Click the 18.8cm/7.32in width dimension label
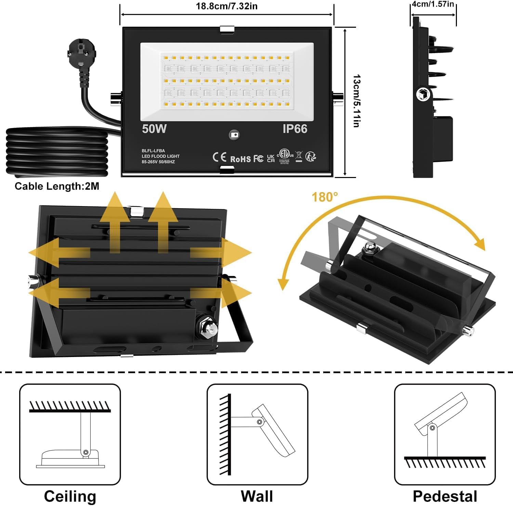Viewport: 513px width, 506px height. coord(226,6)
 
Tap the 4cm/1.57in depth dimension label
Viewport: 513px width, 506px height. coord(433,4)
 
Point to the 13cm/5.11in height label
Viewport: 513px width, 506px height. coord(356,101)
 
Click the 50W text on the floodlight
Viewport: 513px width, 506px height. coord(154,129)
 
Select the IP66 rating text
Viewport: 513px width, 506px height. coord(295,129)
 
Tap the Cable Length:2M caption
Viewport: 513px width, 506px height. coord(57,186)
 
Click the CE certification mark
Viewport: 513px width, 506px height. coord(219,157)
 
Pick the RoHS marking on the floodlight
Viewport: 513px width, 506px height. coord(240,159)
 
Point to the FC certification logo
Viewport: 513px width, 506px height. coord(258,159)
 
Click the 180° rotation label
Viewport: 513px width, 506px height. coord(325,197)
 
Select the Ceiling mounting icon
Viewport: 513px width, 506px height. coord(70,434)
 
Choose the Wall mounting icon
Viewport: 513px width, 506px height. coord(257,434)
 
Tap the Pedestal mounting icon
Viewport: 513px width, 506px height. coord(445,434)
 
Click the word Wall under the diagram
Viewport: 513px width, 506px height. coord(257,496)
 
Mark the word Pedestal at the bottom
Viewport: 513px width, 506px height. coord(445,496)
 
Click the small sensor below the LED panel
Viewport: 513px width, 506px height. coord(234,135)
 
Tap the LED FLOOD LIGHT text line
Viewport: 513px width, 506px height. coord(160,156)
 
